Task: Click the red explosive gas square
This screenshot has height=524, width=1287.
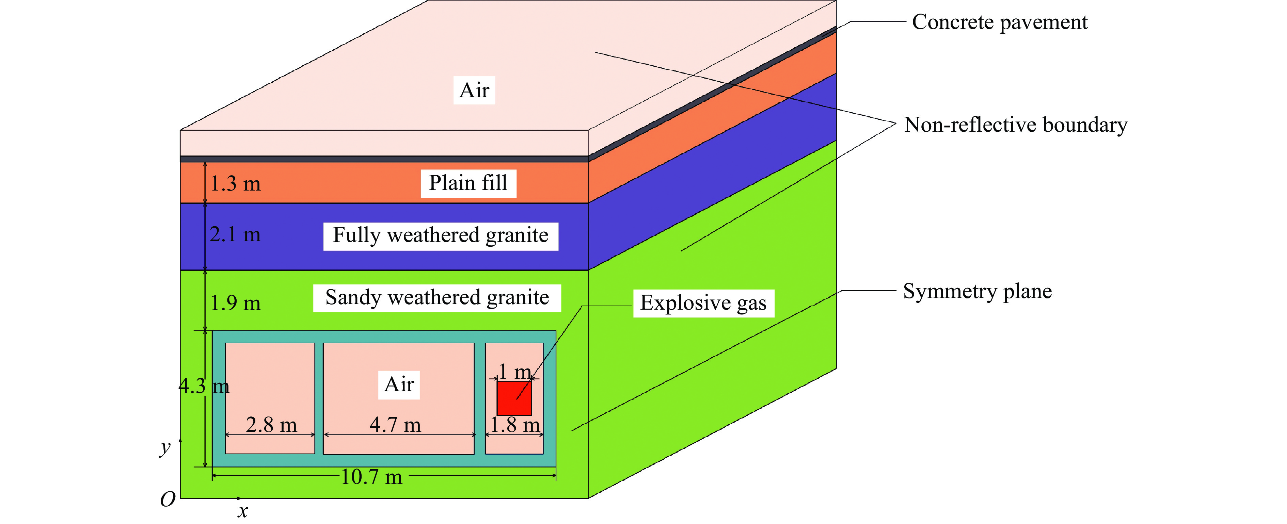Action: (x=513, y=398)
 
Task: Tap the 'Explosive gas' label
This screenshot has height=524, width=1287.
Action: (x=703, y=303)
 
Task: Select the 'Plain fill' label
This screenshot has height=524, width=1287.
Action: (x=468, y=183)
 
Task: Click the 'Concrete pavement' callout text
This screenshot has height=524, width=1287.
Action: (x=999, y=22)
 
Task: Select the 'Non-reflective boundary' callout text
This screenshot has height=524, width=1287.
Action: (x=1015, y=125)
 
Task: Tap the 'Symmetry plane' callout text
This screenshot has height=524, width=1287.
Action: (x=977, y=291)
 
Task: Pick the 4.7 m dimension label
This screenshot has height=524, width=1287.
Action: (x=395, y=425)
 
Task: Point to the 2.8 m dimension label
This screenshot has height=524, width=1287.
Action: (x=271, y=425)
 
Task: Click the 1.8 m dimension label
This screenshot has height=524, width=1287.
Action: (x=514, y=425)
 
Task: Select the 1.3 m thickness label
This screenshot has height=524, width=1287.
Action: (x=235, y=184)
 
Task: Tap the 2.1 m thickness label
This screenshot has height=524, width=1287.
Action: (x=235, y=235)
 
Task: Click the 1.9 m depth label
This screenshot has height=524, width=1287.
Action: (x=235, y=303)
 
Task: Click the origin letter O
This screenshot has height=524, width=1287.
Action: (x=168, y=499)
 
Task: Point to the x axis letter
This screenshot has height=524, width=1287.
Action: (x=243, y=511)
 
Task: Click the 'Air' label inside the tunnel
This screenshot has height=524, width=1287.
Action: (x=399, y=384)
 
